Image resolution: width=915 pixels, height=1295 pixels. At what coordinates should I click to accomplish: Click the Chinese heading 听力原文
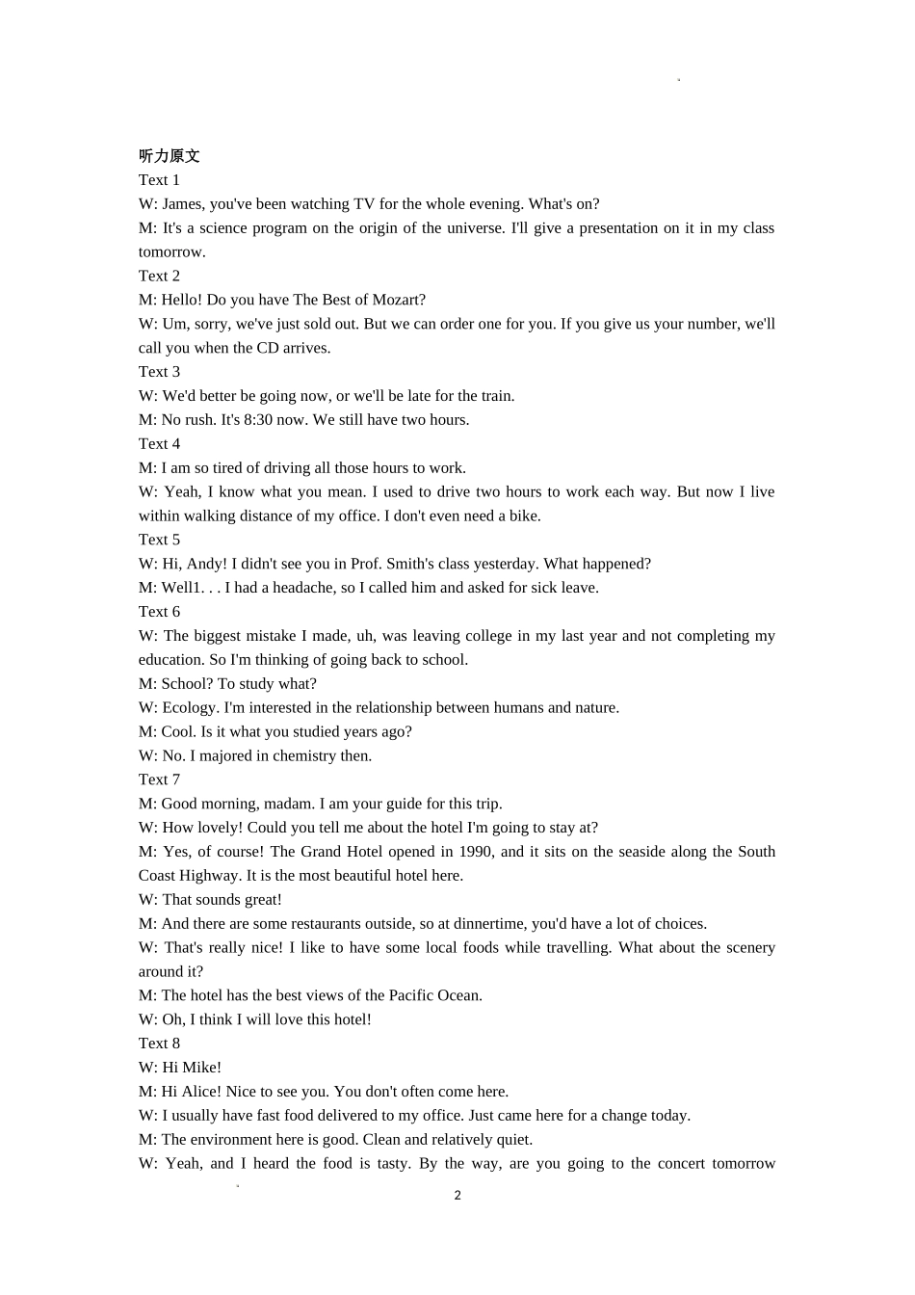(169, 156)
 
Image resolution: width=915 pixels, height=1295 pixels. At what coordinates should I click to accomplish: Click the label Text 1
(159, 180)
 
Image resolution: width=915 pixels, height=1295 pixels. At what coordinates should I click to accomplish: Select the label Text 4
(159, 444)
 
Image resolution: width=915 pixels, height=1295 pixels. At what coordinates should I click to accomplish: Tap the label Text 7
(159, 780)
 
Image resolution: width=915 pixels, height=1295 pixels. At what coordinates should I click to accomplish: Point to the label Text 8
(159, 1044)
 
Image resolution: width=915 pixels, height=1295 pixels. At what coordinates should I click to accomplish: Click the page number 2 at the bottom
(457, 1196)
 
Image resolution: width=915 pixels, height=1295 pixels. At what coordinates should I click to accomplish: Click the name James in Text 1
(183, 204)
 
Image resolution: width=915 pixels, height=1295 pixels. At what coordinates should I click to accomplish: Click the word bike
(523, 516)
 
